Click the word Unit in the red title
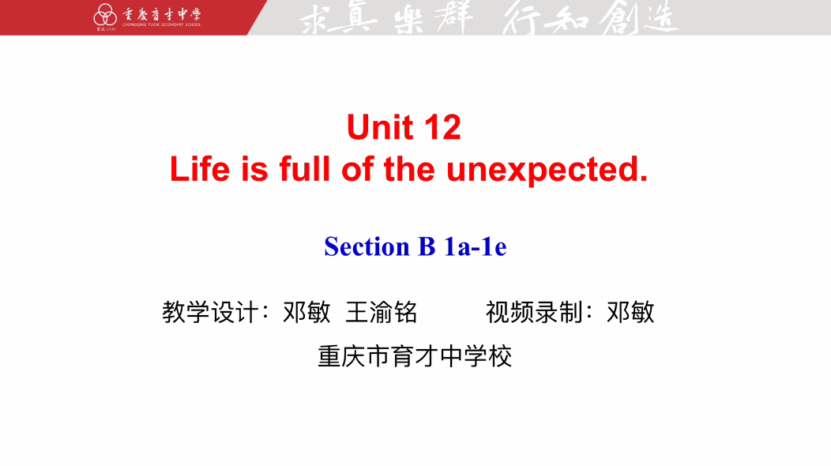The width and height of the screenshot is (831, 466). [379, 127]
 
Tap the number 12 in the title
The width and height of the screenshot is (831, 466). [442, 127]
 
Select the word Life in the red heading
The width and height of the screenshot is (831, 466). [200, 169]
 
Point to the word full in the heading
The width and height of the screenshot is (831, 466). [305, 169]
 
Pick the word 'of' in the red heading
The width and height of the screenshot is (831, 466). [358, 169]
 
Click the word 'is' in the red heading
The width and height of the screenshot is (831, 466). [254, 169]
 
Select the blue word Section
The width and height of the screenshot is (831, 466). [367, 246]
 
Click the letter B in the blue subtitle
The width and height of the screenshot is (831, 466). [427, 246]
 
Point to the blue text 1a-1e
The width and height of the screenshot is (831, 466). [476, 246]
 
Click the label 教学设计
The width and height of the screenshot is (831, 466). [210, 312]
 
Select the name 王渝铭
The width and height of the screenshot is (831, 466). [382, 312]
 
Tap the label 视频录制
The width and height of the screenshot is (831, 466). [534, 312]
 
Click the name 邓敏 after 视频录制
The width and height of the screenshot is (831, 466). [630, 312]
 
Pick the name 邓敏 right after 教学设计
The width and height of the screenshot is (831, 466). [306, 312]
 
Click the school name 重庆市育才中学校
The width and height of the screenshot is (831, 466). [415, 356]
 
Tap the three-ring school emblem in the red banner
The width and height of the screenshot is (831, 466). [105, 15]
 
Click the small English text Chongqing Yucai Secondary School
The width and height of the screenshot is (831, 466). [162, 24]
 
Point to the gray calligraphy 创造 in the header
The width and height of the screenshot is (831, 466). [638, 17]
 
